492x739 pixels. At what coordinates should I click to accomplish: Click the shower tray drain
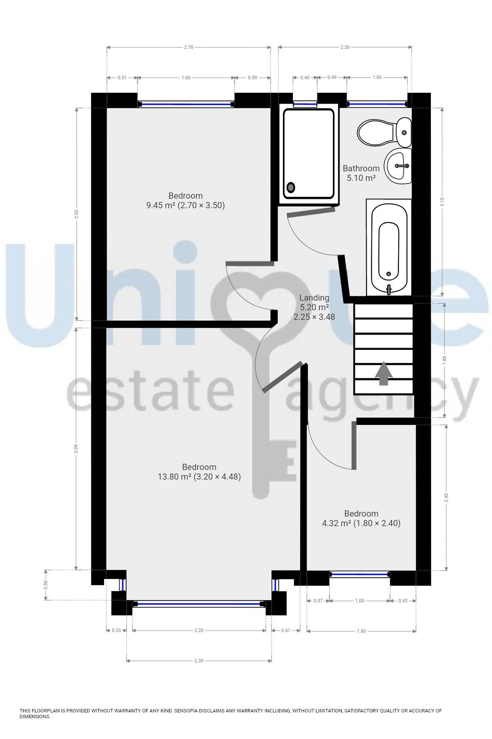coord(291,188)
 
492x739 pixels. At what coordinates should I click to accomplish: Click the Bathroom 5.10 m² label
coord(361,173)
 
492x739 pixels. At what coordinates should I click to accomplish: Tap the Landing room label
coord(314,307)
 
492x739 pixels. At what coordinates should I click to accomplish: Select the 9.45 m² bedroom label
coord(185,200)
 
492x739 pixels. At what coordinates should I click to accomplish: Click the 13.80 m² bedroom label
coord(199,472)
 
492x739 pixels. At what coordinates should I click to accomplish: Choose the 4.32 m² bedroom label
coord(361,518)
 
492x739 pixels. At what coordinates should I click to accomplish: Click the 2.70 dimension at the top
coord(189,47)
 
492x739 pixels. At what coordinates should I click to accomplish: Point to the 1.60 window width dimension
coord(186,78)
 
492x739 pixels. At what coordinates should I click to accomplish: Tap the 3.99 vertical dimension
coord(76,449)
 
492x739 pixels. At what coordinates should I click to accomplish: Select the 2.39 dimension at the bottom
coord(199,661)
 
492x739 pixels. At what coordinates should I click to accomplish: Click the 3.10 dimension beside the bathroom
coord(442,202)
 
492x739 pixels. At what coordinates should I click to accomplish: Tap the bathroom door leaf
coord(310,210)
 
